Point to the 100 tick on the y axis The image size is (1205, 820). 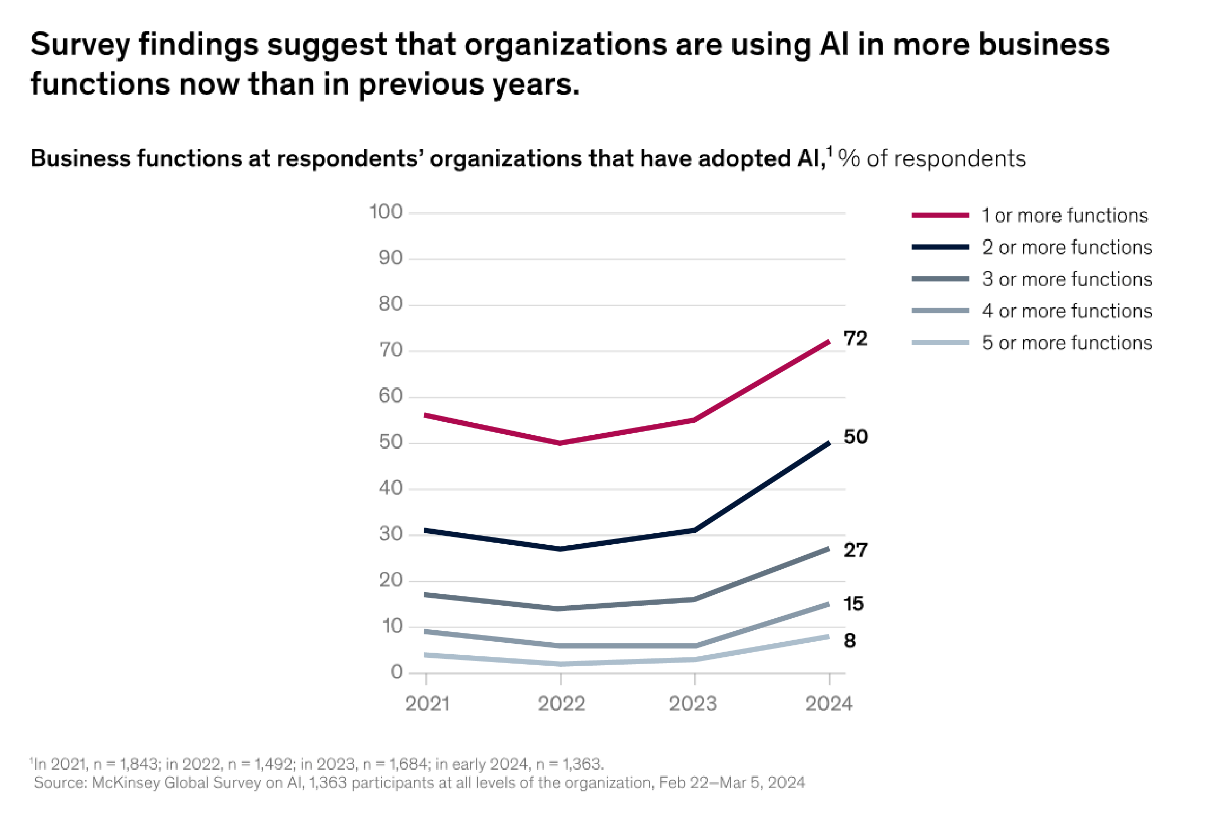click(386, 212)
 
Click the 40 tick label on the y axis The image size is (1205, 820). click(391, 488)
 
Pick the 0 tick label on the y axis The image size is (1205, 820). click(397, 672)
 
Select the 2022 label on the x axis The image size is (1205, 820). click(561, 704)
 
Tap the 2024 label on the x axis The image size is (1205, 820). click(829, 704)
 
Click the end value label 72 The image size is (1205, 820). click(855, 338)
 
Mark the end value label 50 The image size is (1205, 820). click(855, 437)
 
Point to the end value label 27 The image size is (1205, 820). click(855, 550)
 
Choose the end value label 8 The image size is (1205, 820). click(850, 640)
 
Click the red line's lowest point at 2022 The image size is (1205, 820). click(560, 443)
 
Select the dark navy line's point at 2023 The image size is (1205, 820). click(695, 530)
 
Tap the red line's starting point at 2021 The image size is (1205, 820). click(426, 415)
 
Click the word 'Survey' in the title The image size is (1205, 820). click(80, 45)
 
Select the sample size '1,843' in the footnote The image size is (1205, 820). click(139, 764)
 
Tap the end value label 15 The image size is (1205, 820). click(853, 604)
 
